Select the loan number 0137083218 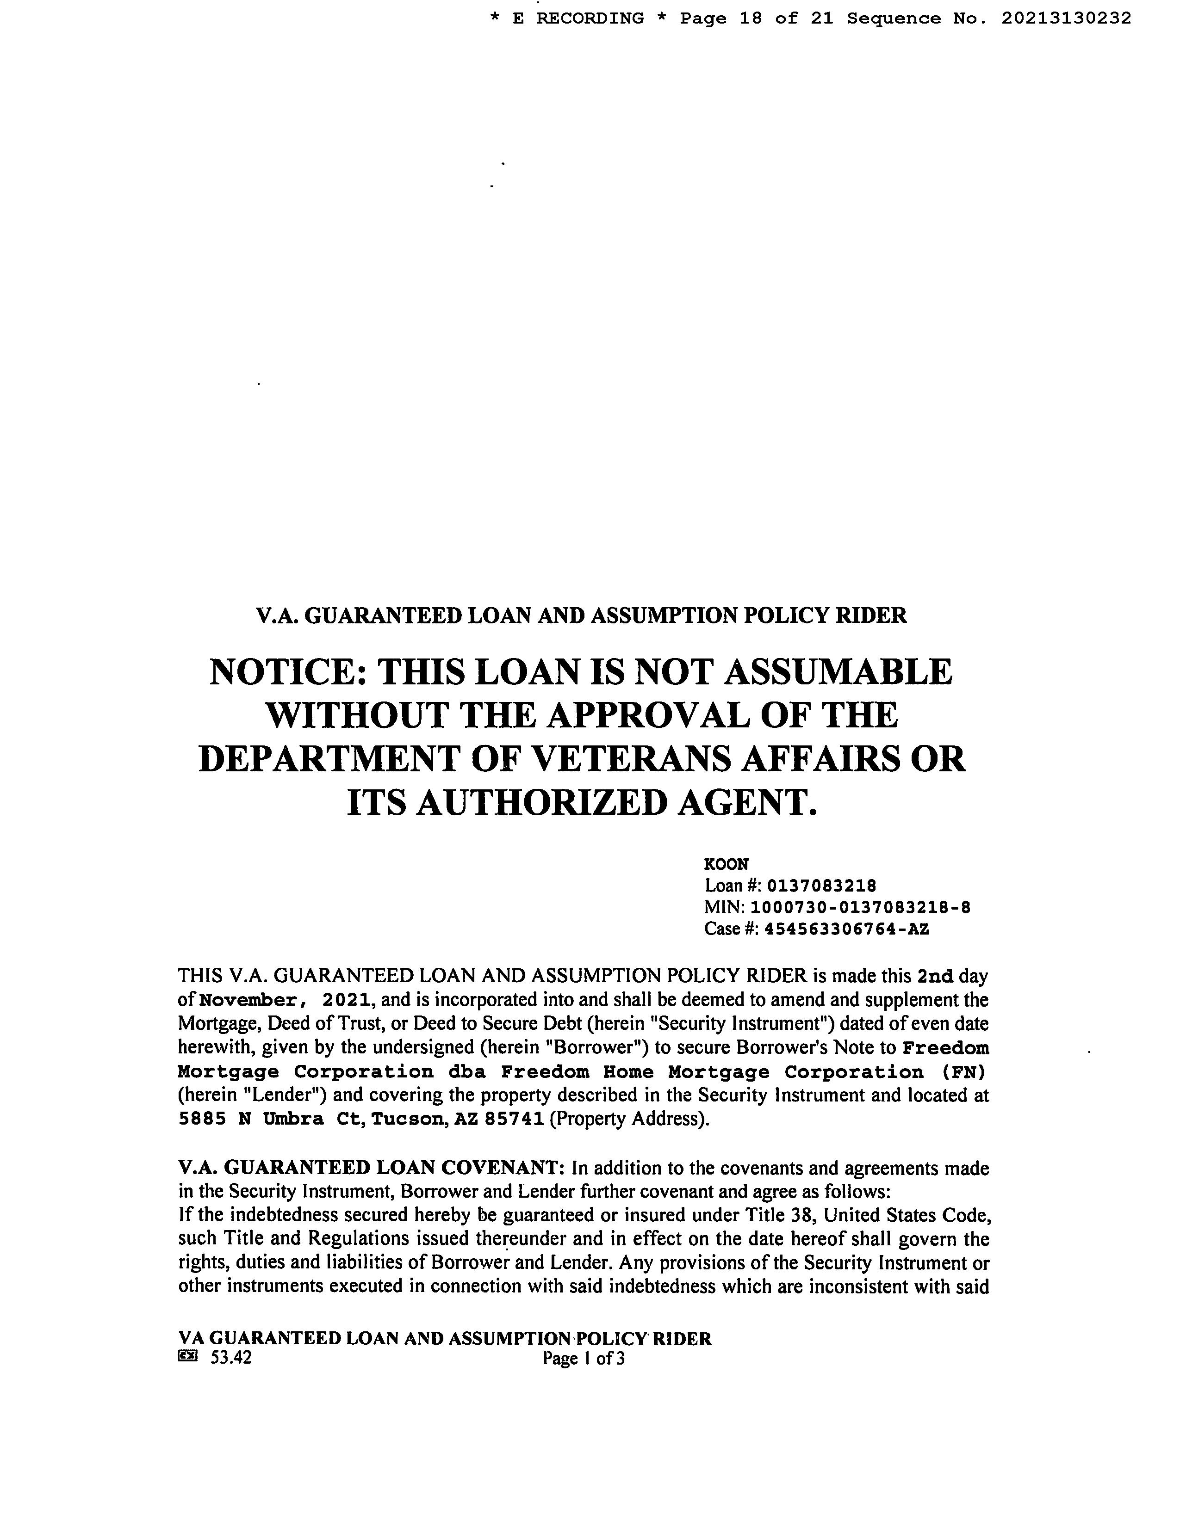(821, 886)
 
